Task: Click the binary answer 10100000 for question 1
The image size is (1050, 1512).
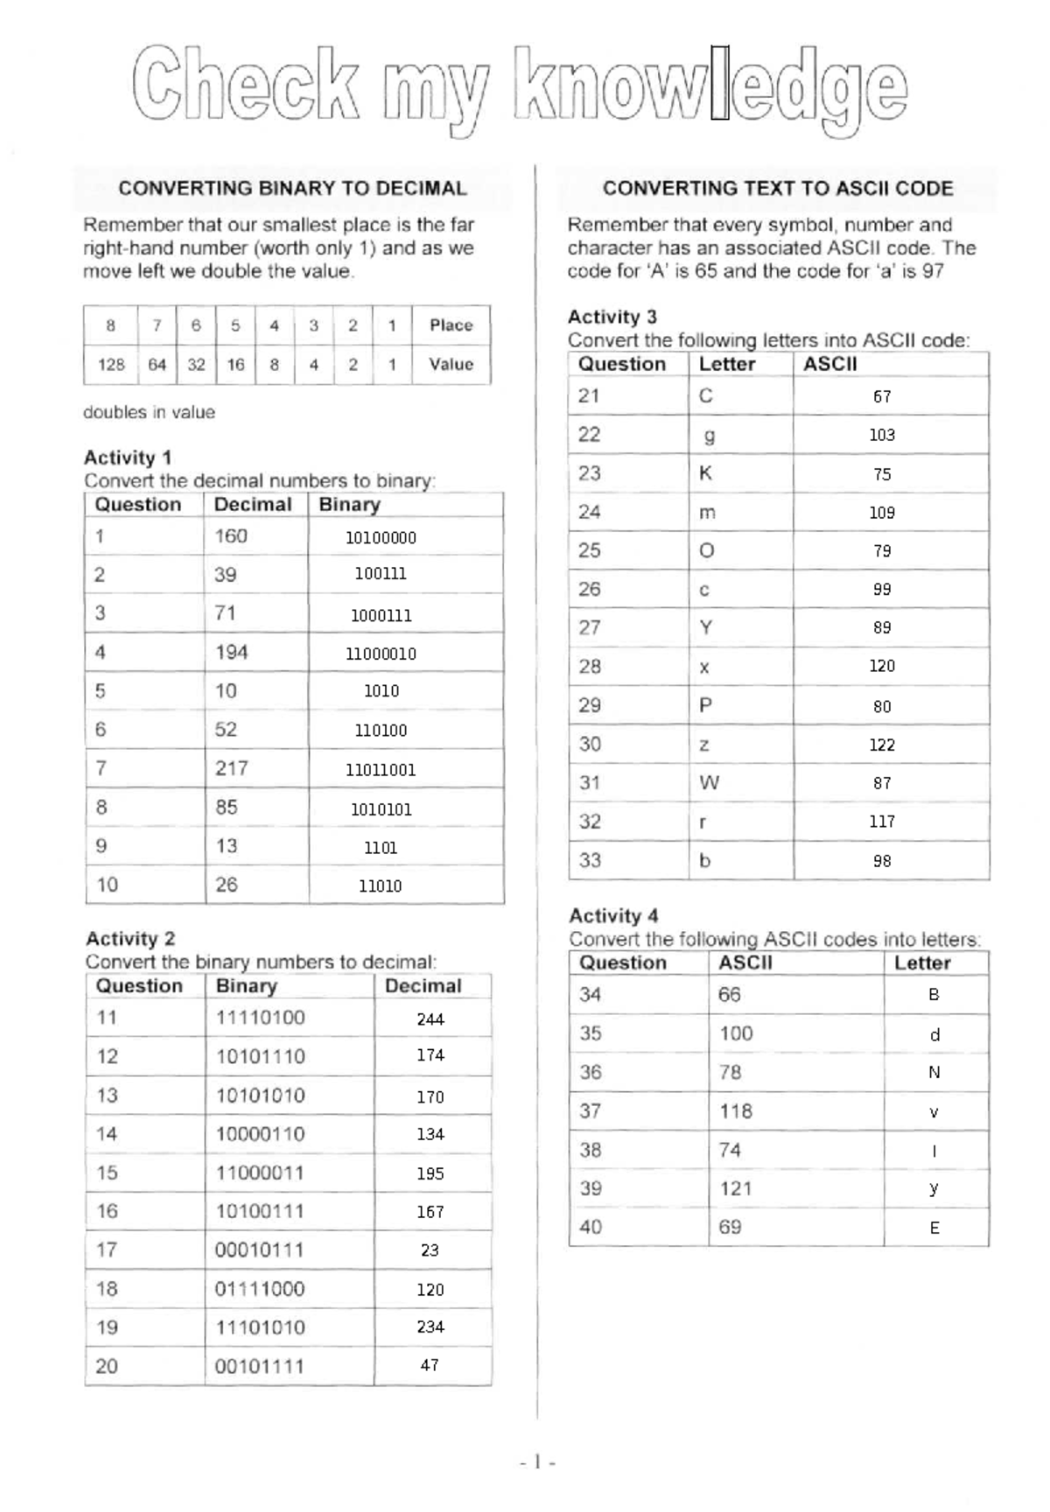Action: pos(381,538)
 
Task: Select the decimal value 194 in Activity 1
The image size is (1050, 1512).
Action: pos(232,652)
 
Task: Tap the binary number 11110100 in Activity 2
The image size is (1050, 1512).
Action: pos(260,1018)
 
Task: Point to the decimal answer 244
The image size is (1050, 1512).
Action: pos(430,1019)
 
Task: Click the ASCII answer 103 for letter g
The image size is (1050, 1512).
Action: pos(881,435)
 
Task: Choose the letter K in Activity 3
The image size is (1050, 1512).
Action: pos(705,473)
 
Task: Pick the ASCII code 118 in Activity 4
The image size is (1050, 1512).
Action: pos(736,1111)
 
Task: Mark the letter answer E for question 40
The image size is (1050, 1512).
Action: pos(934,1228)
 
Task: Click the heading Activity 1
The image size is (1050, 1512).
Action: pos(128,458)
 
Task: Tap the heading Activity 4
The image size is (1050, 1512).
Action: pos(613,916)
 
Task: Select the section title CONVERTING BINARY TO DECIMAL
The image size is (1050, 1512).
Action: pos(292,188)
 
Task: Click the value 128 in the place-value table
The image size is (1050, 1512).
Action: pos(111,365)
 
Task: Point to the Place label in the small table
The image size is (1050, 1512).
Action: pos(451,325)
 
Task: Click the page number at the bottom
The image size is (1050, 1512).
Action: pos(537,1461)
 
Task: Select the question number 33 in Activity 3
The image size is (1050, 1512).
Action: pos(590,860)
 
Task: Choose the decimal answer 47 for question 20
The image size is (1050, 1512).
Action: pos(429,1365)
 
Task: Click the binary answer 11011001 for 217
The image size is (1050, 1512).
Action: pos(381,770)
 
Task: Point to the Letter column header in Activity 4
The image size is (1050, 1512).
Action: pos(921,963)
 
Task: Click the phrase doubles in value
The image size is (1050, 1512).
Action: pos(149,412)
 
